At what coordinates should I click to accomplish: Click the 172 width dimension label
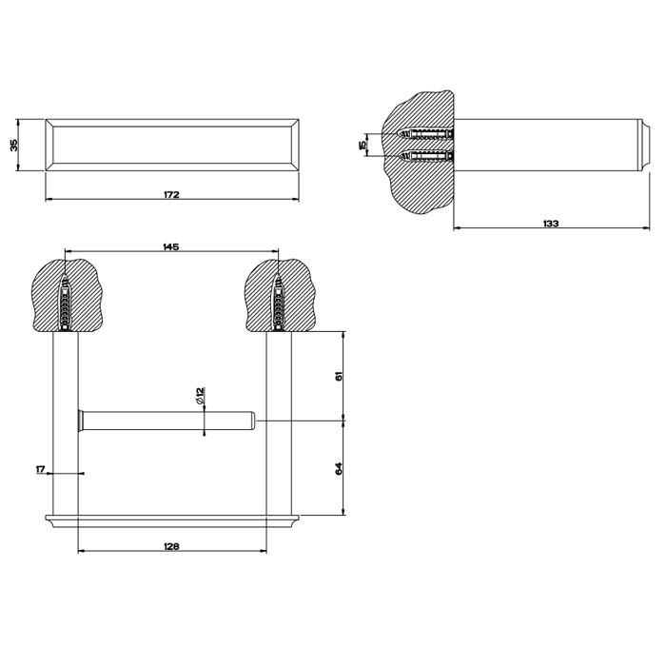point(171,194)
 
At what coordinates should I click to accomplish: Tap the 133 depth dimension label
point(550,223)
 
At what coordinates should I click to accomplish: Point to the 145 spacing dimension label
point(171,246)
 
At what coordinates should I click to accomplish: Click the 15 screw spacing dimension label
point(362,144)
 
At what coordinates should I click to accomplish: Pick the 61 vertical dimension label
point(338,376)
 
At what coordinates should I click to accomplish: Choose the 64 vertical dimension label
point(338,468)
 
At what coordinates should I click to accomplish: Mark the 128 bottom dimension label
point(171,546)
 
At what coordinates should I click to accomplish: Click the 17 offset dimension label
point(40,469)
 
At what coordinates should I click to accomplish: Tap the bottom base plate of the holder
point(171,519)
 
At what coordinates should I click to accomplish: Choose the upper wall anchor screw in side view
point(428,131)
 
